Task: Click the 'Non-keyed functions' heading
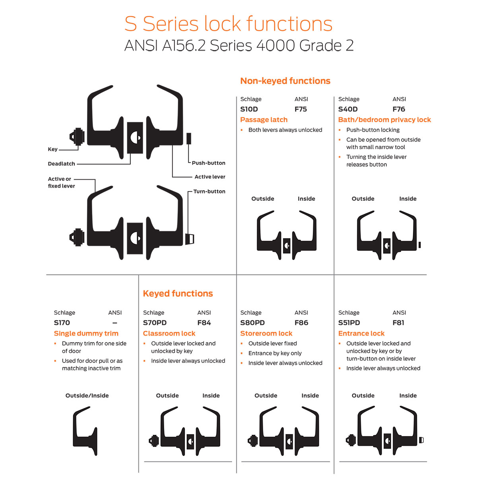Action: pos(285,81)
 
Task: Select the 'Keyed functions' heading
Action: pos(178,294)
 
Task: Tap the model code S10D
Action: pos(249,109)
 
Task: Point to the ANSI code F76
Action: pos(398,109)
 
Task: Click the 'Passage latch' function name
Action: pos(264,120)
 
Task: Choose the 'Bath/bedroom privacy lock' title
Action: pos(384,120)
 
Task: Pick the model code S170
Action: pos(62,323)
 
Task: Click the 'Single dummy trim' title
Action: pos(86,334)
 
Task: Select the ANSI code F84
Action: pos(204,323)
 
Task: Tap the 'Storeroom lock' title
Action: pos(266,334)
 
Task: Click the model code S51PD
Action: pos(349,323)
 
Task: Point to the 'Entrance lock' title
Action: pos(361,334)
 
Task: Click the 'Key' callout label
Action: pos(52,149)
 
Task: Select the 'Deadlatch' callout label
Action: pos(61,164)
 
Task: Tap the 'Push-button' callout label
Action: pos(208,163)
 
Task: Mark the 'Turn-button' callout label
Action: pos(209,192)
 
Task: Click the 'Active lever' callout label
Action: pos(209,177)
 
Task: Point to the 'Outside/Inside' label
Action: pos(87,396)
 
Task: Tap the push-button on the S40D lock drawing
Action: pos(419,245)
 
